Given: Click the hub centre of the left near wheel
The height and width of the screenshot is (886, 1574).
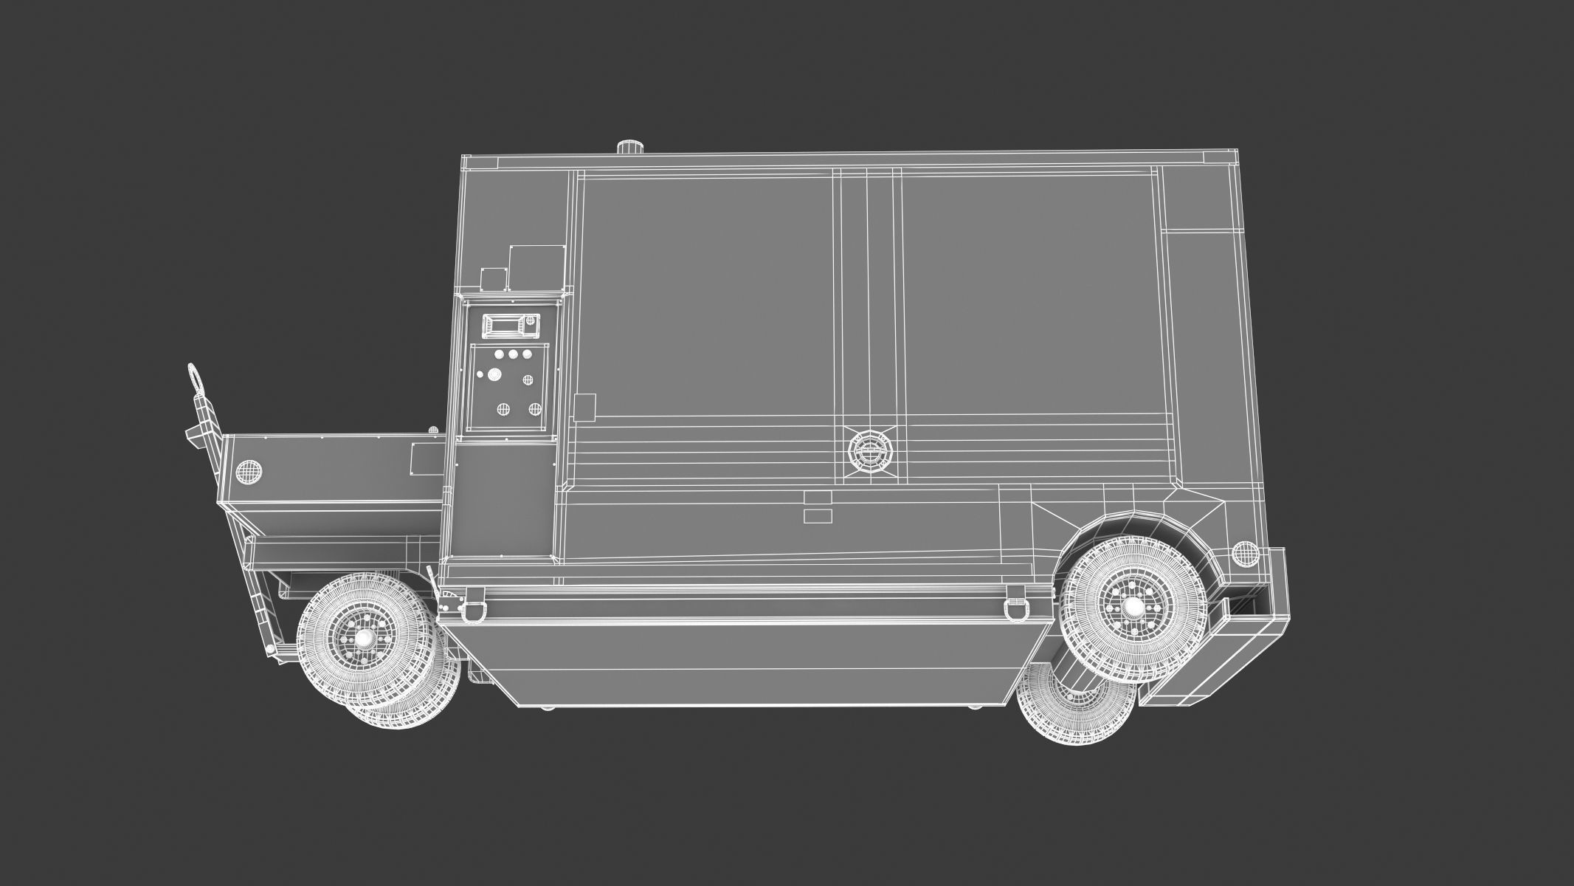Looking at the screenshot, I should click(363, 637).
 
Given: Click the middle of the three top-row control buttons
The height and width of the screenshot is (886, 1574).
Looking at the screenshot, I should click(513, 354).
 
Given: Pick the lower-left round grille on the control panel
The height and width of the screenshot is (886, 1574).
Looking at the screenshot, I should click(504, 408).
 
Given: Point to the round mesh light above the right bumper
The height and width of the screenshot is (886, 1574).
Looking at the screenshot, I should click(1244, 552).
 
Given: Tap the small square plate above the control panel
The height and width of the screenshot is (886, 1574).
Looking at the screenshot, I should click(492, 279).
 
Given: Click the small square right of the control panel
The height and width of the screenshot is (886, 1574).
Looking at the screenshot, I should click(584, 407).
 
